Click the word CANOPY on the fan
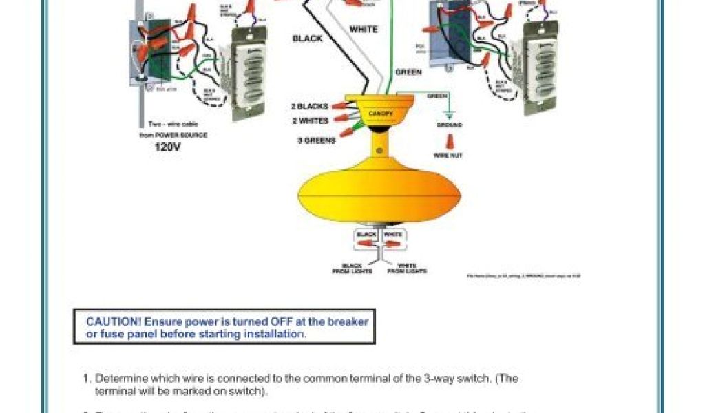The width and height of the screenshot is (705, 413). click(x=381, y=112)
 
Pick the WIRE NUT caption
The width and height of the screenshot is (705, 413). click(x=448, y=156)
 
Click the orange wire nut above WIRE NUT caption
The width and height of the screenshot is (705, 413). click(x=449, y=142)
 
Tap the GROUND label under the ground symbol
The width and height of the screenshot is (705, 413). click(x=449, y=125)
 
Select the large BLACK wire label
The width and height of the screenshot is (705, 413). click(x=308, y=39)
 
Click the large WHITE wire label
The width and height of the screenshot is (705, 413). click(x=364, y=30)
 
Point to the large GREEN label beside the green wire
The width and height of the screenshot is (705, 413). click(x=408, y=72)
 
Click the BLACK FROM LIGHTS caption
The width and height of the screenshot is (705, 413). click(x=352, y=268)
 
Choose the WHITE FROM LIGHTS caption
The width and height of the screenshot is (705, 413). click(x=407, y=268)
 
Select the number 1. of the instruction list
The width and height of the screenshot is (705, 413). click(x=87, y=379)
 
